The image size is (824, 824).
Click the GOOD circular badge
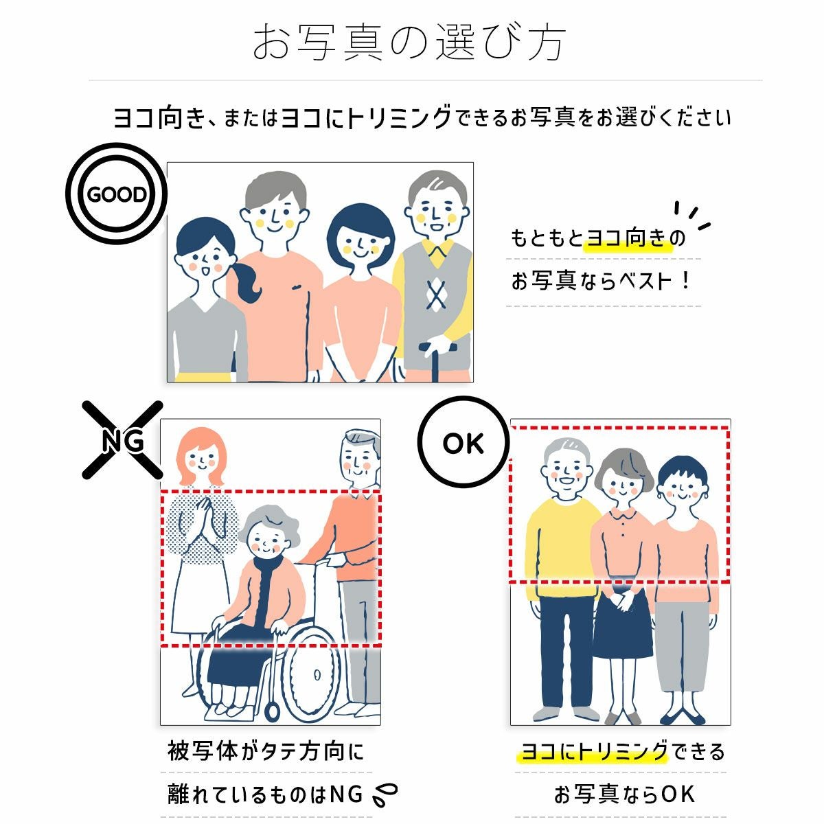tap(117, 194)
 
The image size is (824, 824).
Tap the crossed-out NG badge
tap(123, 440)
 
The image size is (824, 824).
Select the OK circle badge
tap(463, 444)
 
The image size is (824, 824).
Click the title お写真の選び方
tap(410, 43)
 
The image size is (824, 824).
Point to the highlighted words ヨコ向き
tap(626, 238)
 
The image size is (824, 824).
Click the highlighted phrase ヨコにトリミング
tap(593, 751)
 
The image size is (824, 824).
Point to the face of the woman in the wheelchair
tap(264, 539)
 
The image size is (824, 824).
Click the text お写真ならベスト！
tap(601, 282)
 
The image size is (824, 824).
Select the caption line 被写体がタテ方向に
tap(266, 751)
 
